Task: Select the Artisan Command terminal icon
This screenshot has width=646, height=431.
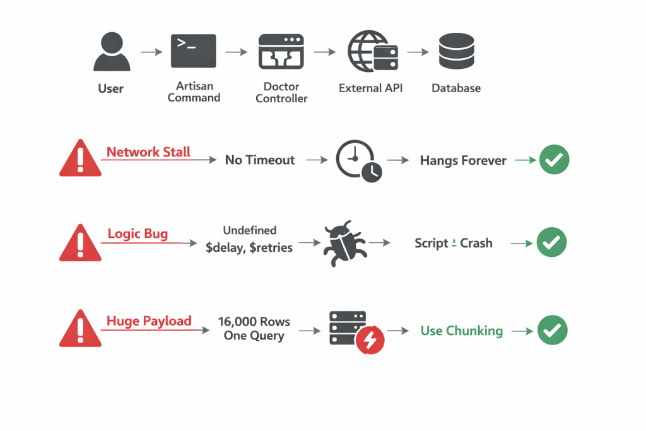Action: pos(194,51)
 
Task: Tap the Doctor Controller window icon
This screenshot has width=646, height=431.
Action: pos(281,52)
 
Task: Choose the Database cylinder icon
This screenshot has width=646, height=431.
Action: pos(456,52)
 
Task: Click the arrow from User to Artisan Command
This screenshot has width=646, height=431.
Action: pos(151,52)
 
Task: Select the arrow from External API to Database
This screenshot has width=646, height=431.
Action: pos(416,52)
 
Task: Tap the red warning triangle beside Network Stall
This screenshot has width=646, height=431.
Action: pos(79,160)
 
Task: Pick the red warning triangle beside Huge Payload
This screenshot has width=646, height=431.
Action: pos(79,329)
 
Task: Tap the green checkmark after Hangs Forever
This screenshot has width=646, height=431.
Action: pos(554,160)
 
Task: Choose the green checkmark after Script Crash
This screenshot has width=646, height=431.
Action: pos(551,242)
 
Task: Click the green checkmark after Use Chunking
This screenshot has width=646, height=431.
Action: pos(552,330)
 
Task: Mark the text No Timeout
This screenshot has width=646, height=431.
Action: pos(260,160)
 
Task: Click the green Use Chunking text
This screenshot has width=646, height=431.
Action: pos(462,331)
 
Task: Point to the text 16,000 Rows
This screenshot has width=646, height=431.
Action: pos(254,322)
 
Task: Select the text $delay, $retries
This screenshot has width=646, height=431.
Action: pos(249,247)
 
